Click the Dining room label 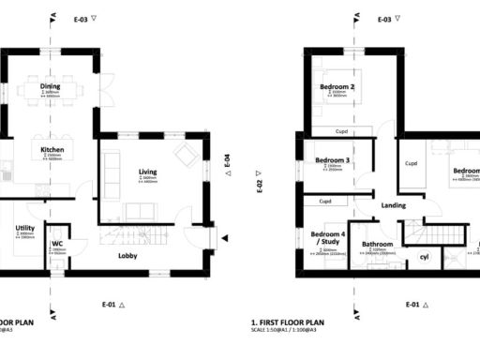pos(50,87)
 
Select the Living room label pos(148,172)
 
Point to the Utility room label pos(24,228)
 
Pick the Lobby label pos(129,255)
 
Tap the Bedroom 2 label pos(337,88)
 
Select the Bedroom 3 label pos(332,160)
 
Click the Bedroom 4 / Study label pos(328,238)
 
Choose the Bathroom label pos(378,245)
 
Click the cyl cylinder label pos(424,256)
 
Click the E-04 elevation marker pos(227,165)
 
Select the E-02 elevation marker pos(259,185)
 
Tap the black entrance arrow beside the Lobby pos(225,241)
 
